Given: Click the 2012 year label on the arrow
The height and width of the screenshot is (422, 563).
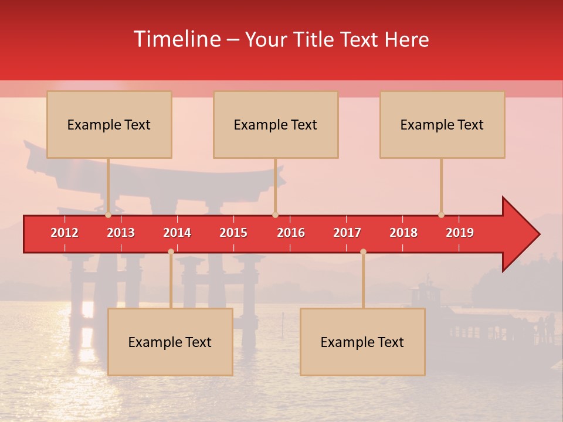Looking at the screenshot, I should point(65,233).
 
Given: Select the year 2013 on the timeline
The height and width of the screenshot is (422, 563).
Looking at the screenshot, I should point(121,233).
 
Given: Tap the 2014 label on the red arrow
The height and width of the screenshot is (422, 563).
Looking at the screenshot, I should point(177,233).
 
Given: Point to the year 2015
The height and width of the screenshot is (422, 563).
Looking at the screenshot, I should point(233,233).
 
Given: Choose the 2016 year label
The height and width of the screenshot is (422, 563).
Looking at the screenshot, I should point(291,233).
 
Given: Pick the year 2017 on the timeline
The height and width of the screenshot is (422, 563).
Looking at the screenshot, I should point(347,233).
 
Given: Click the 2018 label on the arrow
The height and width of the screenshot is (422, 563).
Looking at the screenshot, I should point(403,233).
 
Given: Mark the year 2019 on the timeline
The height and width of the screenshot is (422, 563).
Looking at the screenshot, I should point(460,233).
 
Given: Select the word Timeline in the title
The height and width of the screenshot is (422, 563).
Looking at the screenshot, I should point(177,39).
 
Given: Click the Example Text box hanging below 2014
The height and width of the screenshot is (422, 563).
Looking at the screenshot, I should point(170,342).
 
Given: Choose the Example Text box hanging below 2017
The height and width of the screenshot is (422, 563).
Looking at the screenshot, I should point(362,342).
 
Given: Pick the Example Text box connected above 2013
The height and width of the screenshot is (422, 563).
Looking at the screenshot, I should point(109,124).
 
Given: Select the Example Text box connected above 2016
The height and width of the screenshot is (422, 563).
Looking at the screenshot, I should point(276,124).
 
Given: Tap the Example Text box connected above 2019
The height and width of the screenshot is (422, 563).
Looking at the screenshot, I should point(442,124).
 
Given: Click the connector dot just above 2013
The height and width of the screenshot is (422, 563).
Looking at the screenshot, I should point(108,215).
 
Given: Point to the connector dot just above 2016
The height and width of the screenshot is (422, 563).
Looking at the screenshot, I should point(275,215).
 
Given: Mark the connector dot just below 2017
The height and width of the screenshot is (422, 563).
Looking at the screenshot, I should point(363,251).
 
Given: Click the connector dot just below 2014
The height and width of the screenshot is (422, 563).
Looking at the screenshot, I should point(171,251).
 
